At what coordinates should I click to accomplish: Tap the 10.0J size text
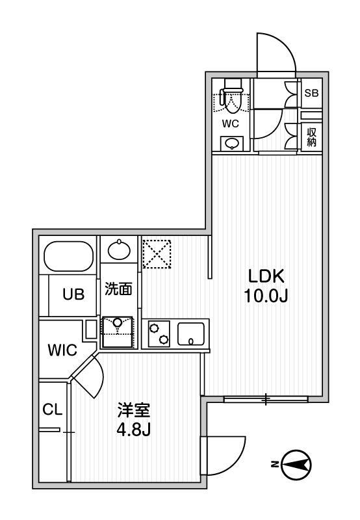265,296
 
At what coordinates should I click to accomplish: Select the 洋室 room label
134,411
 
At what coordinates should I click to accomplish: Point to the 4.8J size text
135,430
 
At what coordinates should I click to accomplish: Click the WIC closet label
62,350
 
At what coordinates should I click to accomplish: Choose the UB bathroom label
73,293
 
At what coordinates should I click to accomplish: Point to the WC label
231,122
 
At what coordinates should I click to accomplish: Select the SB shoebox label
312,93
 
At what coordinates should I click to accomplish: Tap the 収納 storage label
312,136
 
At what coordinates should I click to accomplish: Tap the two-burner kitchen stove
160,333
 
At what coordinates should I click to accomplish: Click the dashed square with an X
157,253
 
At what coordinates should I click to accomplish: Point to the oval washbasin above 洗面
119,250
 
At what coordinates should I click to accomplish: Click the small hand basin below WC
231,143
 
